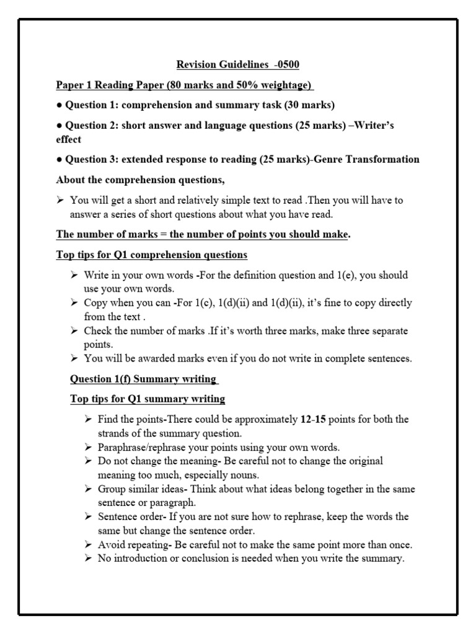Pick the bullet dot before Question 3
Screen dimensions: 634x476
click(58, 159)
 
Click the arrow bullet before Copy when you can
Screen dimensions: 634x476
click(74, 303)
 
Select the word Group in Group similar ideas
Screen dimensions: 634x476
click(111, 489)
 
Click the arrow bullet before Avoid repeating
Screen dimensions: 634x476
click(88, 545)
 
